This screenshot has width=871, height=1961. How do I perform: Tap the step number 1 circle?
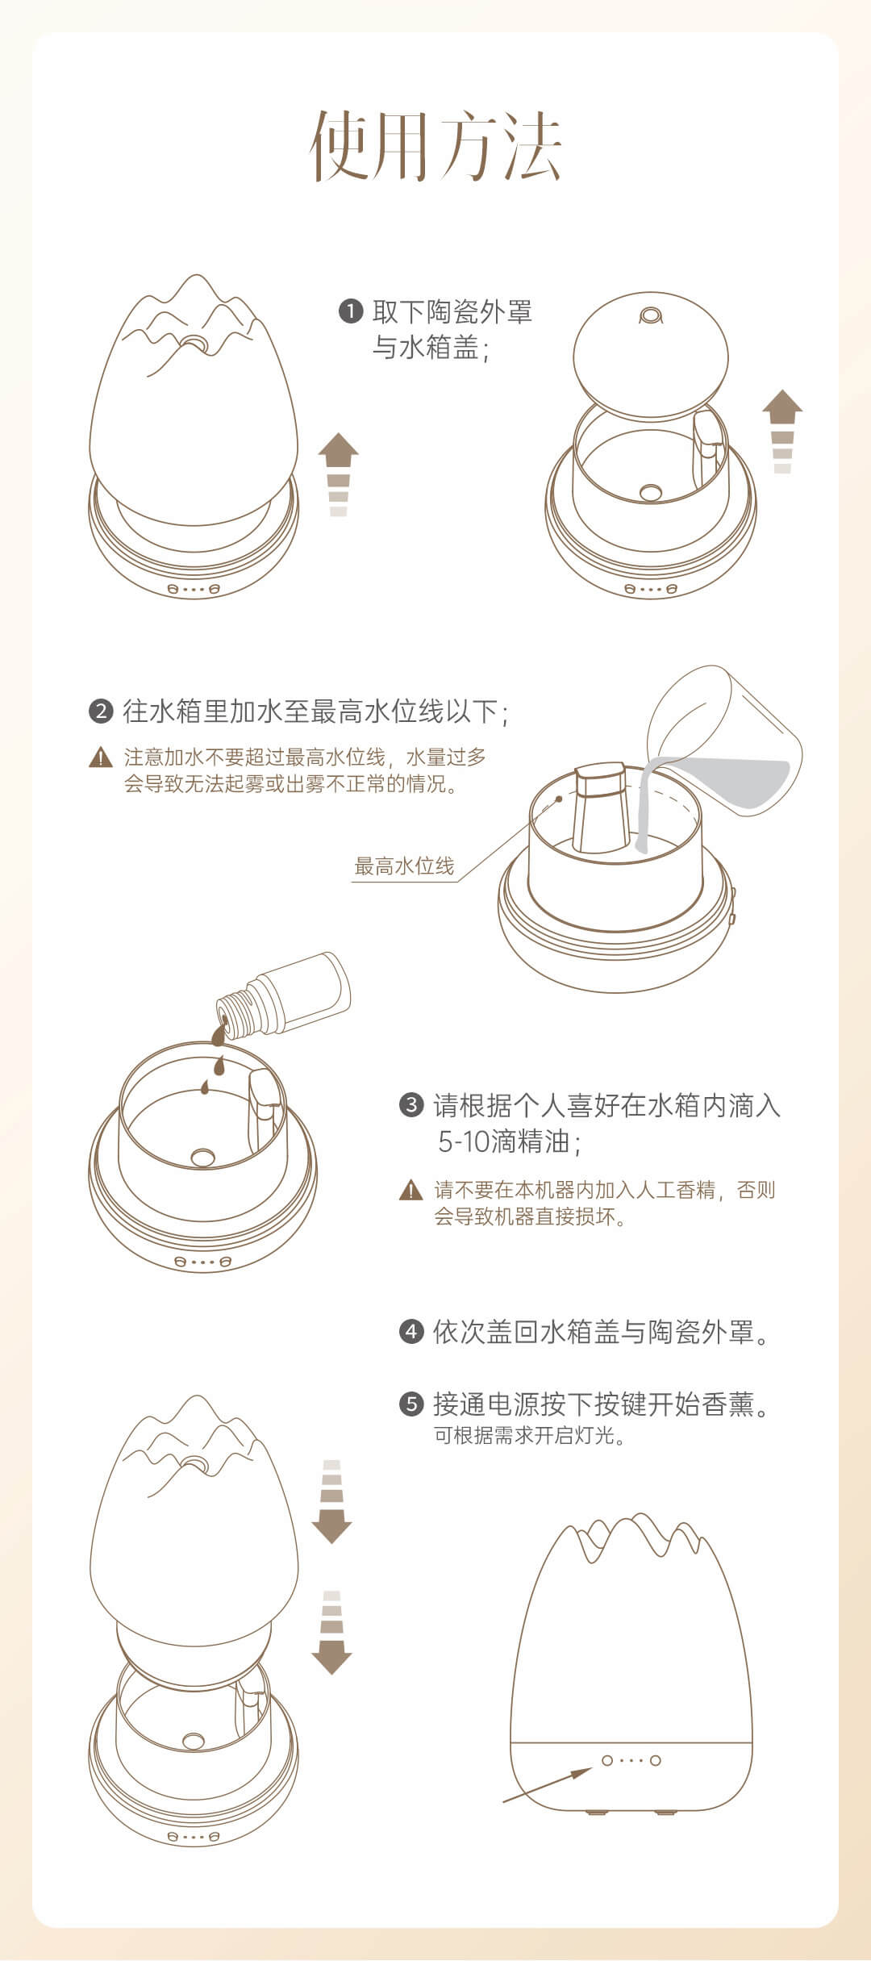tap(351, 311)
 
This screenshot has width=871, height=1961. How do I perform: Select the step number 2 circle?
tap(101, 711)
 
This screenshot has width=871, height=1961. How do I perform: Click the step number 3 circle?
tap(411, 1104)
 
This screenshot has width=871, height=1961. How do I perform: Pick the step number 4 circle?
tap(411, 1332)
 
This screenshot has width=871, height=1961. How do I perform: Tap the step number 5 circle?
tap(411, 1404)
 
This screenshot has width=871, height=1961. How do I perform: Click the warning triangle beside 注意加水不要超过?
tap(101, 757)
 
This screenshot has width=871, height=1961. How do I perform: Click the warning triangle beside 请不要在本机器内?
tap(411, 1190)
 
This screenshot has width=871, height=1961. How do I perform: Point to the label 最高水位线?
tap(405, 866)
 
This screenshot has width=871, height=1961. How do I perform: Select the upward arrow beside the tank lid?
tap(782, 432)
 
